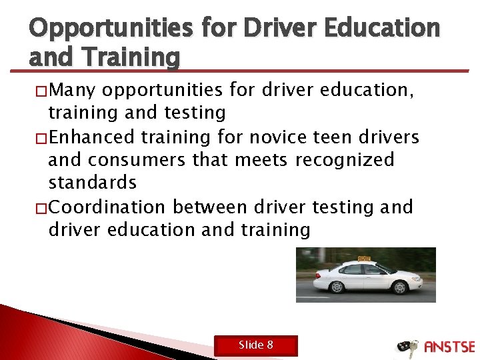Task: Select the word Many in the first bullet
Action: tap(74, 90)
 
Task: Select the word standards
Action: tap(93, 183)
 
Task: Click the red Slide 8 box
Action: tap(256, 345)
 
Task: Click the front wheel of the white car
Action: tap(401, 287)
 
